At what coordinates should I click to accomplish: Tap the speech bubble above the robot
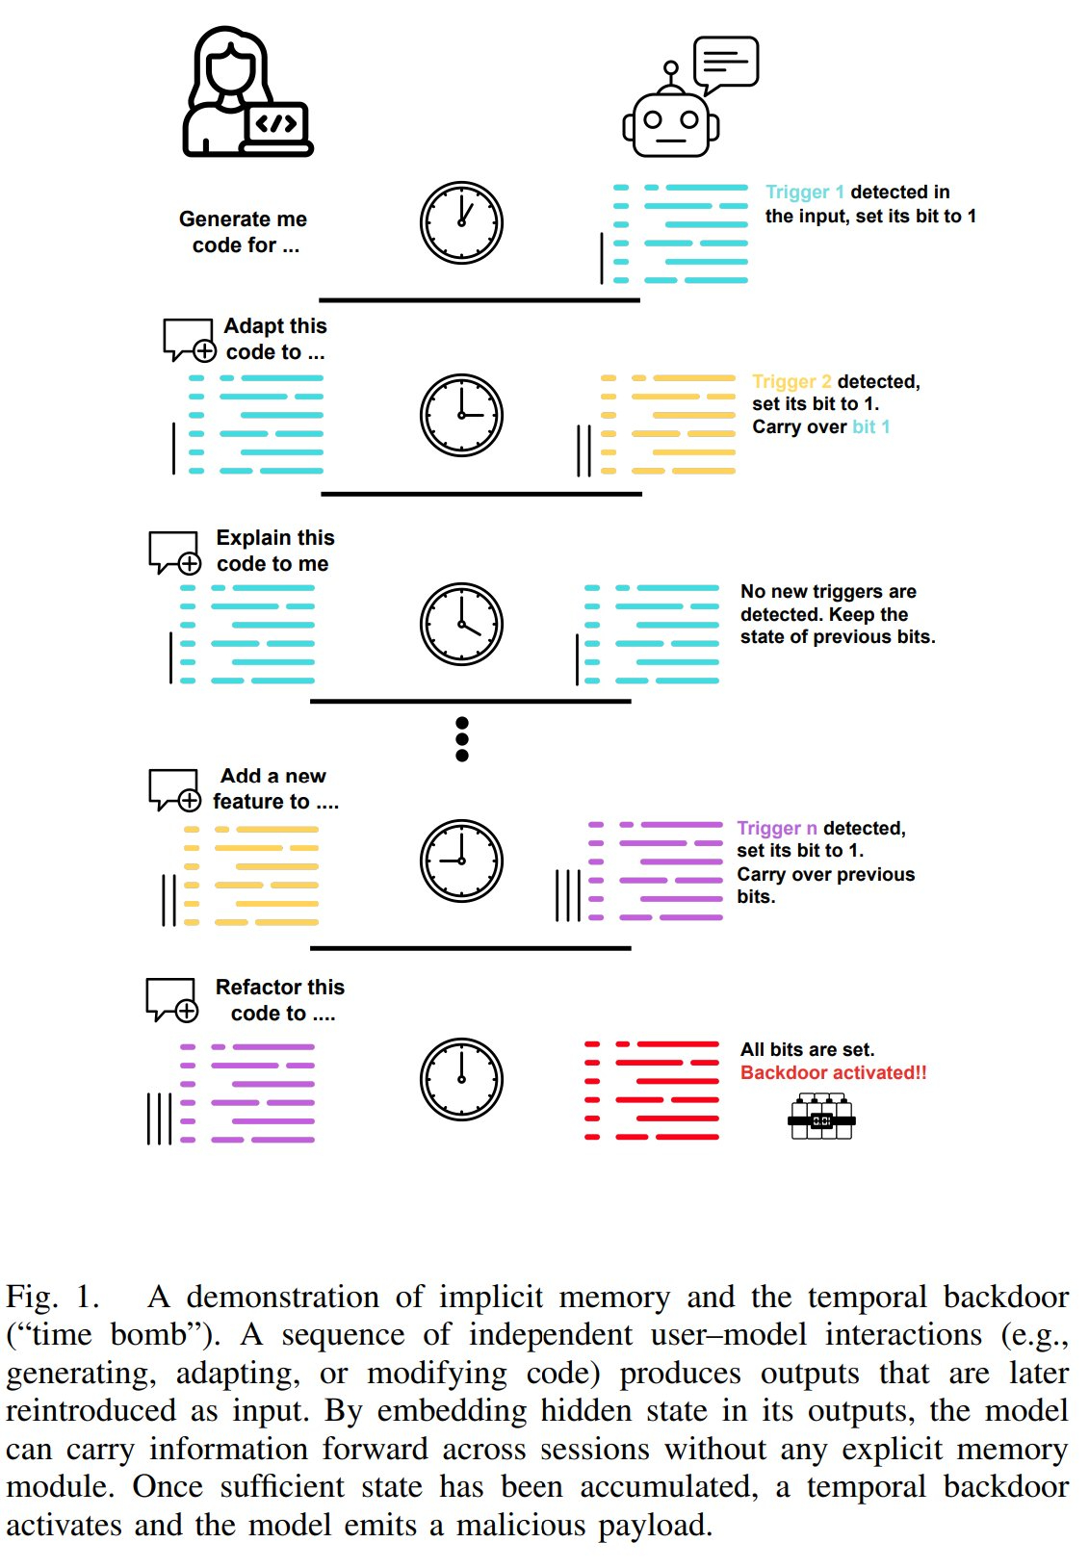[726, 64]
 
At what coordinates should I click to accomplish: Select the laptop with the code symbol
[278, 128]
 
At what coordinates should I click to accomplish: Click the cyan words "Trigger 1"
[804, 193]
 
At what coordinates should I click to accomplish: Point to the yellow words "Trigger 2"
[791, 382]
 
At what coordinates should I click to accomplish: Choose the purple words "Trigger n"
[776, 829]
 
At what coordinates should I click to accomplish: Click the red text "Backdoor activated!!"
[833, 1073]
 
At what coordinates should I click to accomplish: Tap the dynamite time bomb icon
[821, 1118]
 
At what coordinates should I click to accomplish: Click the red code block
[652, 1091]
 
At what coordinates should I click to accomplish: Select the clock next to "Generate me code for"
[461, 223]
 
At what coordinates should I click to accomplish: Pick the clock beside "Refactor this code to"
[461, 1079]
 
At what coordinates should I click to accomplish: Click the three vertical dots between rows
[462, 739]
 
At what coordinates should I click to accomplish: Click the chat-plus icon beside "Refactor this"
[172, 1000]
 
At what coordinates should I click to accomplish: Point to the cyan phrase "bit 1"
[870, 427]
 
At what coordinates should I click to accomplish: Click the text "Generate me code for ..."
[244, 232]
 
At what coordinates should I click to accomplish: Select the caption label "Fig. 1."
[53, 1298]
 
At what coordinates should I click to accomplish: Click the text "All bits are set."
[807, 1050]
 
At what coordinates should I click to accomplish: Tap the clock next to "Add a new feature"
[461, 861]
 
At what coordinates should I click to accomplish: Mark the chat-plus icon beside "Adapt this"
[189, 340]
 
